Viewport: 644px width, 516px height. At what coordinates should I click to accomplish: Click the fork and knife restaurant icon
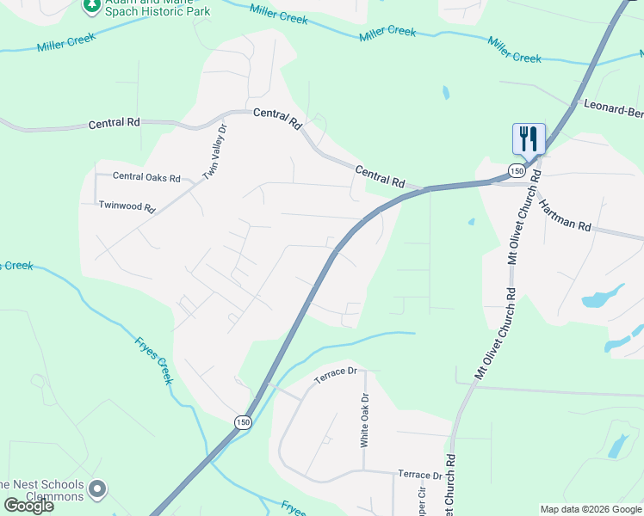point(529,138)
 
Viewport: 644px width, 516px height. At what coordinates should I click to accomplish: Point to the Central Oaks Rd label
point(146,178)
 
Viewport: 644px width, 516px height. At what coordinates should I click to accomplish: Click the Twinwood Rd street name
point(127,207)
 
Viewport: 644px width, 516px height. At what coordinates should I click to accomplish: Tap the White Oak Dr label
point(364,420)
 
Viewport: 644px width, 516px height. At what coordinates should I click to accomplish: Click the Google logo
point(28,506)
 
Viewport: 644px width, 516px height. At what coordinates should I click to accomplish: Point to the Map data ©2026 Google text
point(590,509)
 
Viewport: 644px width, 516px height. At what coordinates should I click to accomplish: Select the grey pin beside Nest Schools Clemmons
point(97,490)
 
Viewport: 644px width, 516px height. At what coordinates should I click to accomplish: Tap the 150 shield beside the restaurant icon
point(515,170)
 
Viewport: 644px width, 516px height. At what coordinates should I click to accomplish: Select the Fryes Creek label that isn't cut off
point(155,359)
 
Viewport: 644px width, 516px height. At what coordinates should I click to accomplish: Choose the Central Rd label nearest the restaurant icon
point(380,178)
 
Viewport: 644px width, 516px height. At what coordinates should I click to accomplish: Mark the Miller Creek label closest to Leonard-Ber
point(514,49)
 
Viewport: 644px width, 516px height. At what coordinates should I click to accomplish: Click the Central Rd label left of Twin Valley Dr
point(114,124)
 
